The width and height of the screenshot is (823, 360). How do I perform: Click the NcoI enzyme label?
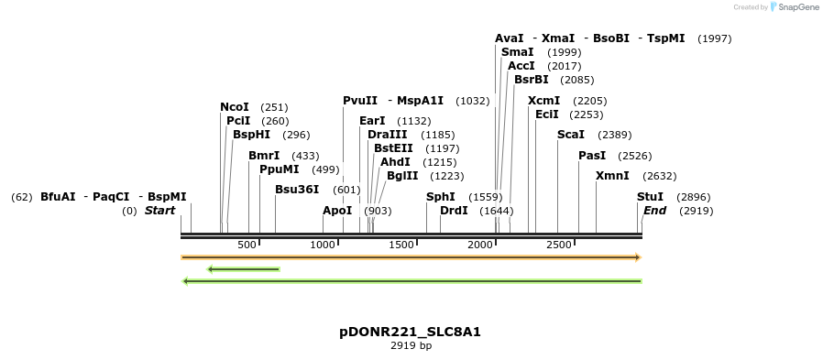[x=235, y=107]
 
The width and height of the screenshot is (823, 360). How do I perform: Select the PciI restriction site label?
[x=238, y=121]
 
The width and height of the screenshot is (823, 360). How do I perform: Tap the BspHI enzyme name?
[x=251, y=135]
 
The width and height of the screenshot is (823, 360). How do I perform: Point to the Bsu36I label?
[x=297, y=190]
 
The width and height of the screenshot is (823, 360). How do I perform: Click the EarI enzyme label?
[x=372, y=121]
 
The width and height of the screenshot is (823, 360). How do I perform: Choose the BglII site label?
[x=402, y=176]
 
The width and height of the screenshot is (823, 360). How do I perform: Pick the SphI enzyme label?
[x=441, y=197]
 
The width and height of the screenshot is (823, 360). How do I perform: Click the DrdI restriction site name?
[x=455, y=211]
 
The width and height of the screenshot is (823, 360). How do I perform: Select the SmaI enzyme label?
[x=518, y=52]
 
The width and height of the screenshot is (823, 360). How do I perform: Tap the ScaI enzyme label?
[x=571, y=135]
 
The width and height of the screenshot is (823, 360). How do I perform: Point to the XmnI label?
[x=612, y=176]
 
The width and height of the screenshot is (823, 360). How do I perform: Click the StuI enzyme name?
[x=650, y=197]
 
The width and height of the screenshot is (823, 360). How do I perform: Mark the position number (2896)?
[x=693, y=197]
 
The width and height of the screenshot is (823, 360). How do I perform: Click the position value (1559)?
[x=486, y=197]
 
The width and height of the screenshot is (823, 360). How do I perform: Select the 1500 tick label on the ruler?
[x=402, y=245]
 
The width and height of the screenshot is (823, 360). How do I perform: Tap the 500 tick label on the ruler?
[x=247, y=245]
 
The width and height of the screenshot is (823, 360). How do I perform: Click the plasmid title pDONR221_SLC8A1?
[x=410, y=332]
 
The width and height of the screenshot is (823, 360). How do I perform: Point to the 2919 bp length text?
[x=411, y=346]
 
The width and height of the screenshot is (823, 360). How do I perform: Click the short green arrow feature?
[x=243, y=269]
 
